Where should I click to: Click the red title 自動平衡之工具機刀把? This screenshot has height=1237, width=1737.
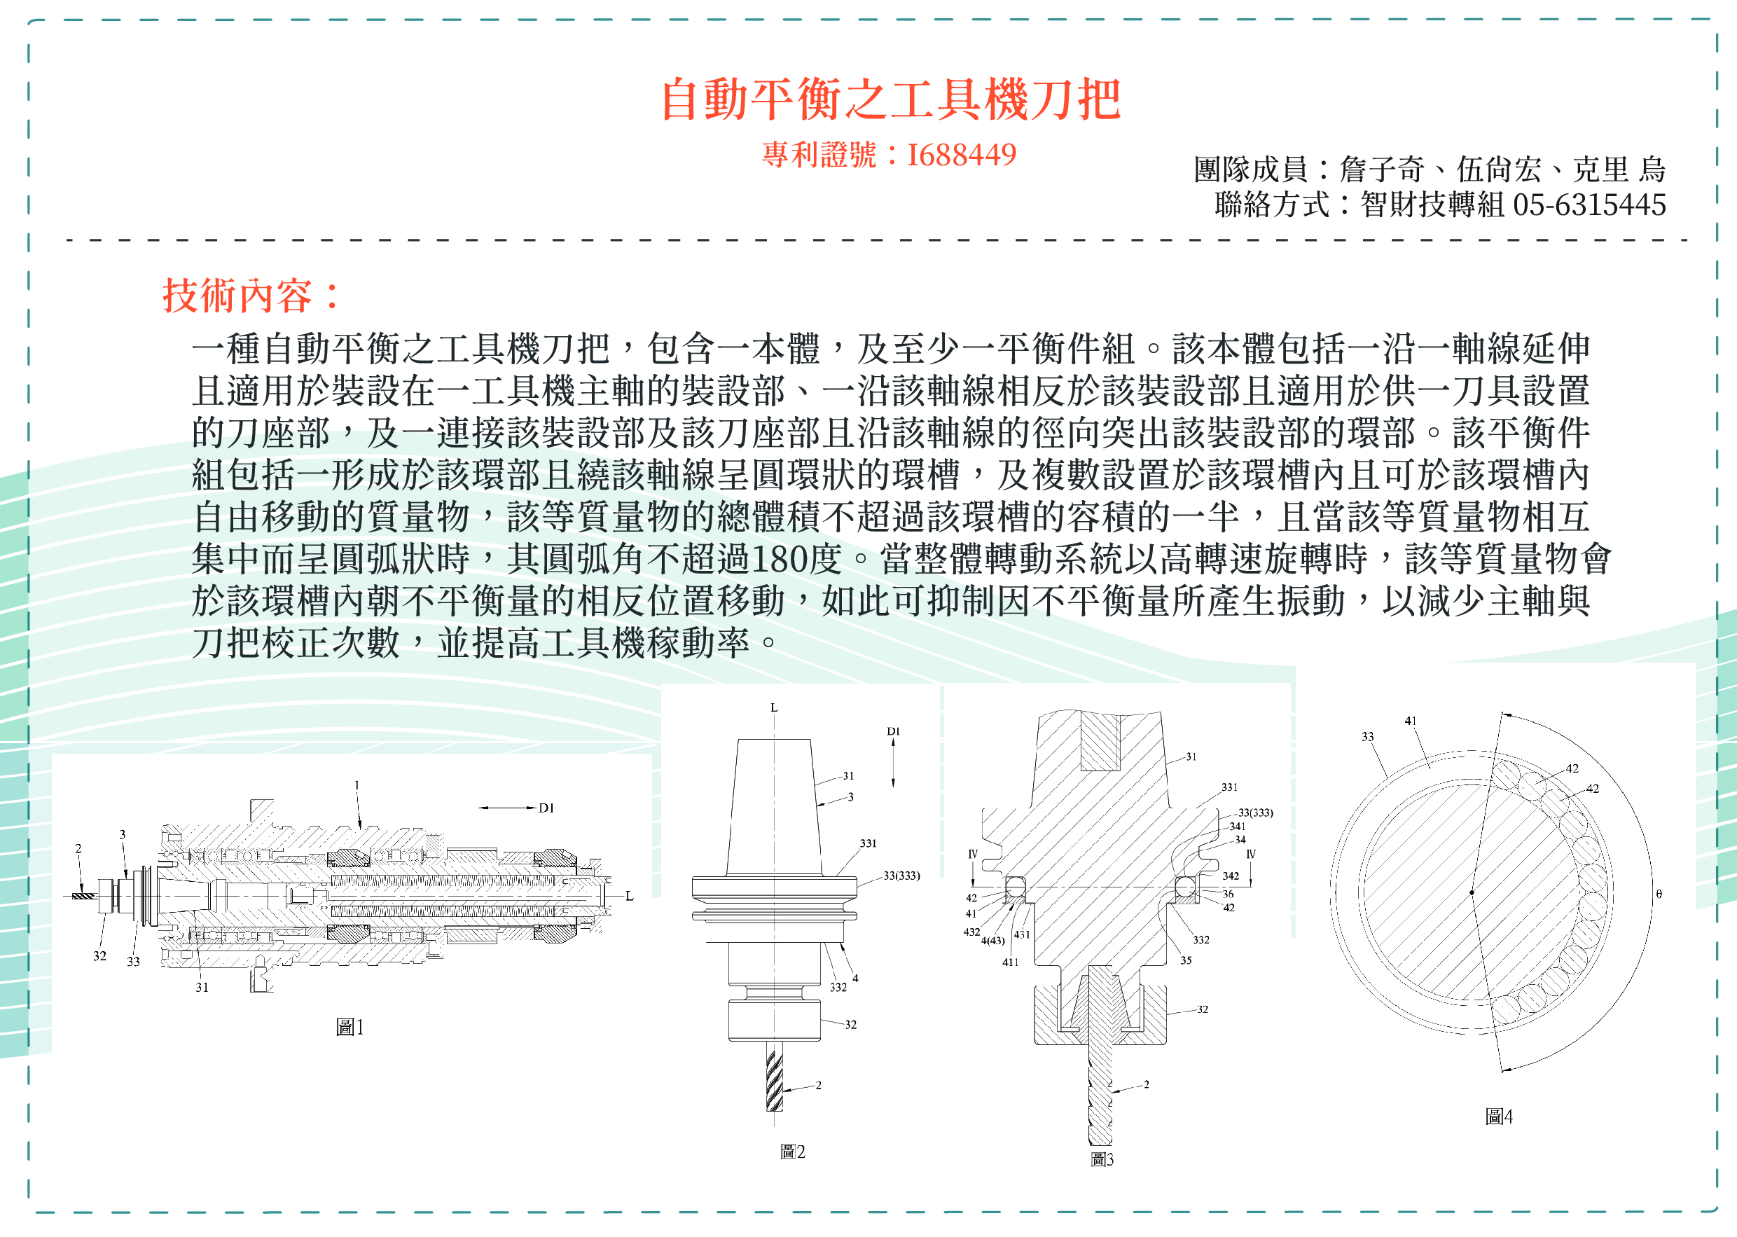(890, 99)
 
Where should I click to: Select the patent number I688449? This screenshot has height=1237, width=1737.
(961, 155)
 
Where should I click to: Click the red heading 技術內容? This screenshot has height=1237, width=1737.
(237, 296)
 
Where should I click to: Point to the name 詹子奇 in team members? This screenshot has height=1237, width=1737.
(1381, 169)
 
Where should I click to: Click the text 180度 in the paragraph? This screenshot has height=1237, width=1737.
(796, 558)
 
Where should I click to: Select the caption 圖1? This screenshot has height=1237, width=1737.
(350, 1028)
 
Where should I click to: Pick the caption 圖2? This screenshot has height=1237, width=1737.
(792, 1152)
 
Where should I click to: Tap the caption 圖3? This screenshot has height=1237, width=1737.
(1102, 1159)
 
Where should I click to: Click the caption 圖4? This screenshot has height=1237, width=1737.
(1499, 1117)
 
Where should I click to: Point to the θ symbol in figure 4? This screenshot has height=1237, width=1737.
(1659, 894)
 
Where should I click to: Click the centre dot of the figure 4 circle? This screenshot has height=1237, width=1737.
(1472, 892)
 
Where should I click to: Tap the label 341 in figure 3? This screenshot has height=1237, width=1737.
(1238, 827)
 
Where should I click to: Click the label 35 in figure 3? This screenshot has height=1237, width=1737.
(1186, 960)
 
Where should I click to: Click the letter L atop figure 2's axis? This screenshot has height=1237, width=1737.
(774, 707)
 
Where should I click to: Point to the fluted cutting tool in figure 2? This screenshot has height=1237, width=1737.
(774, 1078)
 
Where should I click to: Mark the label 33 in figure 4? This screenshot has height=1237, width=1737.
(1368, 737)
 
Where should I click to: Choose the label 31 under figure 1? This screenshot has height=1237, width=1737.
(202, 987)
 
